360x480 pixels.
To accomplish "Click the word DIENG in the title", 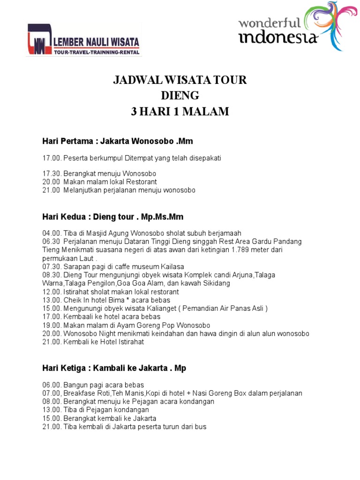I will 180,96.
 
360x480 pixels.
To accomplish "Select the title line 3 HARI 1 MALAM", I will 180,112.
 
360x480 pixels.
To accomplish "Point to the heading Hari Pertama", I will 70,141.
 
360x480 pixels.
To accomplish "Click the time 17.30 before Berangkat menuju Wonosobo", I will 52,173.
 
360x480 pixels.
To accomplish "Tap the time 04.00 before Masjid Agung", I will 52,233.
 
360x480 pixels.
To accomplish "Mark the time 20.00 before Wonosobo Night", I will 52,333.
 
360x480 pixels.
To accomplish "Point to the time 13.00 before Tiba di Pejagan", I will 52,410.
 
